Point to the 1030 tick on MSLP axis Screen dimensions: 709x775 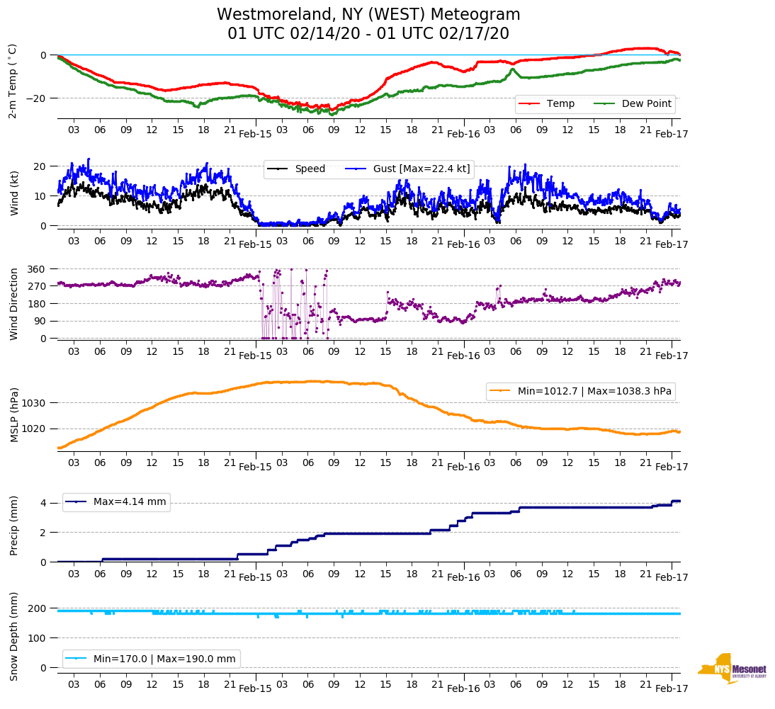tap(33, 403)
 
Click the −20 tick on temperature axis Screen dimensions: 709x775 tap(35, 98)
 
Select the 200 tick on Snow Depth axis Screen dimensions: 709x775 tap(36, 608)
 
